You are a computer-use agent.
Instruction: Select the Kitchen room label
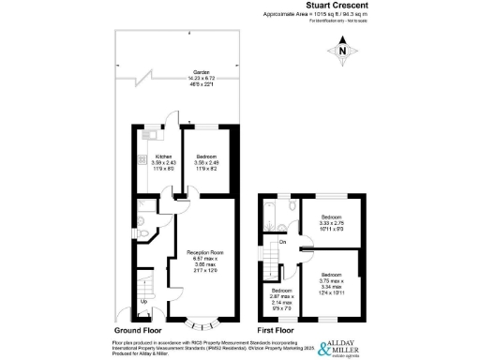pyautogui.click(x=151, y=161)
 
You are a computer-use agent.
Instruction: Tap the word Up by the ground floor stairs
pyautogui.click(x=142, y=300)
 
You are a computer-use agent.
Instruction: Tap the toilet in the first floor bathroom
pyautogui.click(x=292, y=205)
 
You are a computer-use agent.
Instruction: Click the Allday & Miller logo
pyautogui.click(x=347, y=345)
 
